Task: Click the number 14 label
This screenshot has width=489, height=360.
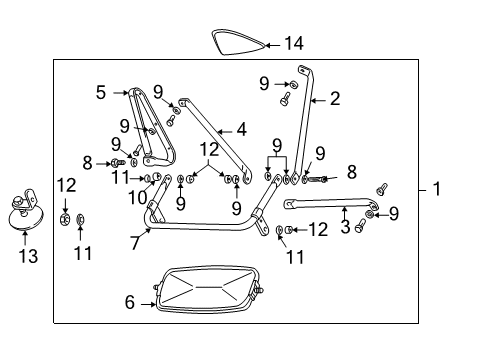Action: point(293,43)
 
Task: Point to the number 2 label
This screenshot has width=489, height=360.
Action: point(335,98)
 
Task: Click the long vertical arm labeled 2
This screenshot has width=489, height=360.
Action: point(307,130)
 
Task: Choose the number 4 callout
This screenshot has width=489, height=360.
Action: point(241,129)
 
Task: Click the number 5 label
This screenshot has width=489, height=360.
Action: point(100,93)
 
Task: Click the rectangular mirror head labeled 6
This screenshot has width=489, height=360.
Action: point(205,290)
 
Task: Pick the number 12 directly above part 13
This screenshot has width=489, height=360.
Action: point(65,184)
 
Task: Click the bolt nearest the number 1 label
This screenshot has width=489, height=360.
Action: point(381,189)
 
